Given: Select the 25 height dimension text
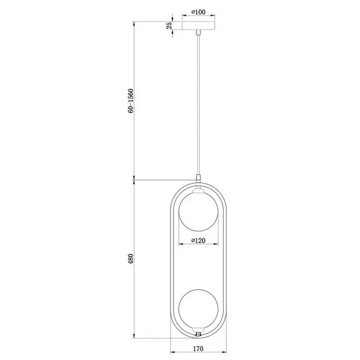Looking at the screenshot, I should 170,26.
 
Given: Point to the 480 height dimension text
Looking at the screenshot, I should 131,259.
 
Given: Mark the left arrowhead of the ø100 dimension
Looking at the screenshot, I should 184,18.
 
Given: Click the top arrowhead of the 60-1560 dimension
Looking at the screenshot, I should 135,21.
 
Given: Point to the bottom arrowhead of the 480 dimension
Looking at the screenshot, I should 135,335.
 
